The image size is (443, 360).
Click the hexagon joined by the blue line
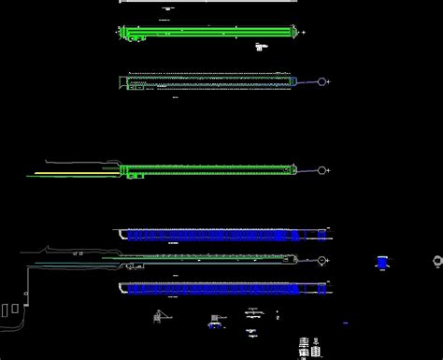(x=322, y=82)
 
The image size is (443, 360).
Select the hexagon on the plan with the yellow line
(x=323, y=170)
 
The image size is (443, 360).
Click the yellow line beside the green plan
(x=75, y=173)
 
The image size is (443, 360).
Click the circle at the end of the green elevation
(x=323, y=259)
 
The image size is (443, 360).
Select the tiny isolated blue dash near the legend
(x=346, y=323)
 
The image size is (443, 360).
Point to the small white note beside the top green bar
(x=261, y=45)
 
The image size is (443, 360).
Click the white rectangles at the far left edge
(x=10, y=310)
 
